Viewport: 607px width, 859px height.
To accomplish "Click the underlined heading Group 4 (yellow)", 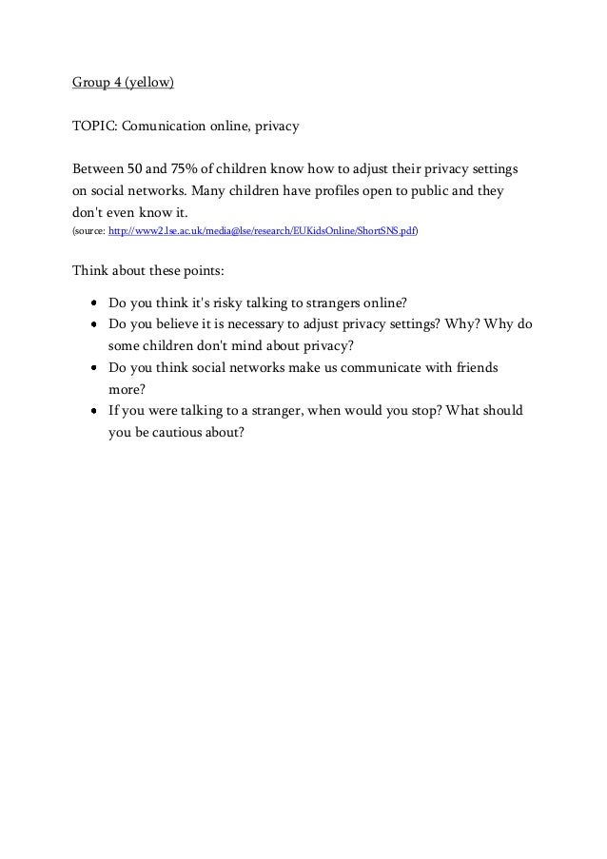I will coord(124,83).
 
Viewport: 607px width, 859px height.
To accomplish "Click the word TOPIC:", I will coord(92,126).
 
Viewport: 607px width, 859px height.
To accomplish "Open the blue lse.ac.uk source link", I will coord(263,231).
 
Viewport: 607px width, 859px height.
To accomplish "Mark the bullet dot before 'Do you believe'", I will coord(97,325).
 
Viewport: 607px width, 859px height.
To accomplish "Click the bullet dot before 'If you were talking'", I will coord(97,411).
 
